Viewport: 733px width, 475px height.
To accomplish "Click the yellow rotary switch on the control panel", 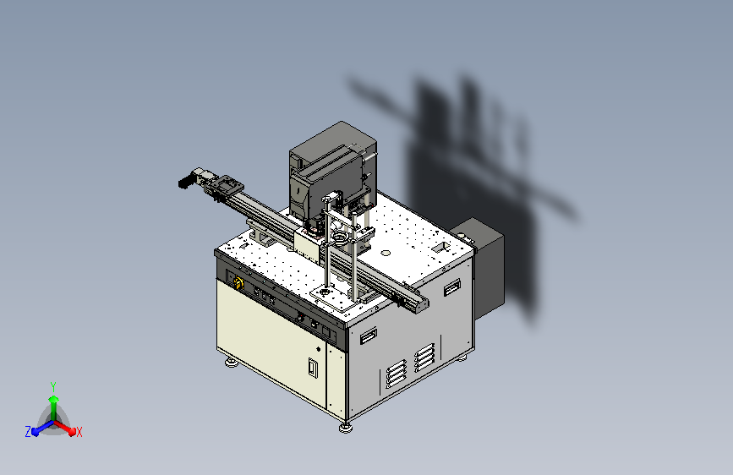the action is point(238,283).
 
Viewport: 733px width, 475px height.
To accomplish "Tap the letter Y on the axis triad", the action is point(53,386).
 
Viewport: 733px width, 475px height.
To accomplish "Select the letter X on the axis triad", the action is point(79,432).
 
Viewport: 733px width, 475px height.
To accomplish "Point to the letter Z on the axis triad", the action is point(28,432).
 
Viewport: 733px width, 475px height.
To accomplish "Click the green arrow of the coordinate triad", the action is point(54,407).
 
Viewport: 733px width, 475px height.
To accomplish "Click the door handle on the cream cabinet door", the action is point(313,368).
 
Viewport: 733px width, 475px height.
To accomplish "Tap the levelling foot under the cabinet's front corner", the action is point(346,428).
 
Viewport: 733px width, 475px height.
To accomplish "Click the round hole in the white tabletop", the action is point(386,253).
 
